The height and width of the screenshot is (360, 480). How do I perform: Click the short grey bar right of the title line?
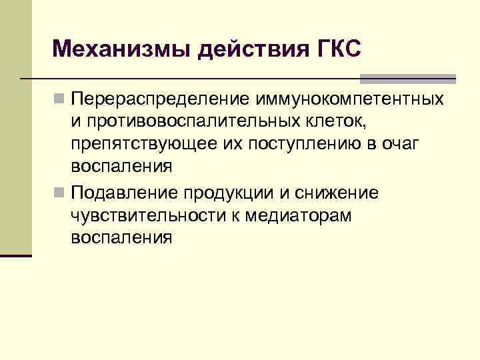430,78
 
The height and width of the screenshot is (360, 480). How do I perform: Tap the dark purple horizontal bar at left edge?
16,255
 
